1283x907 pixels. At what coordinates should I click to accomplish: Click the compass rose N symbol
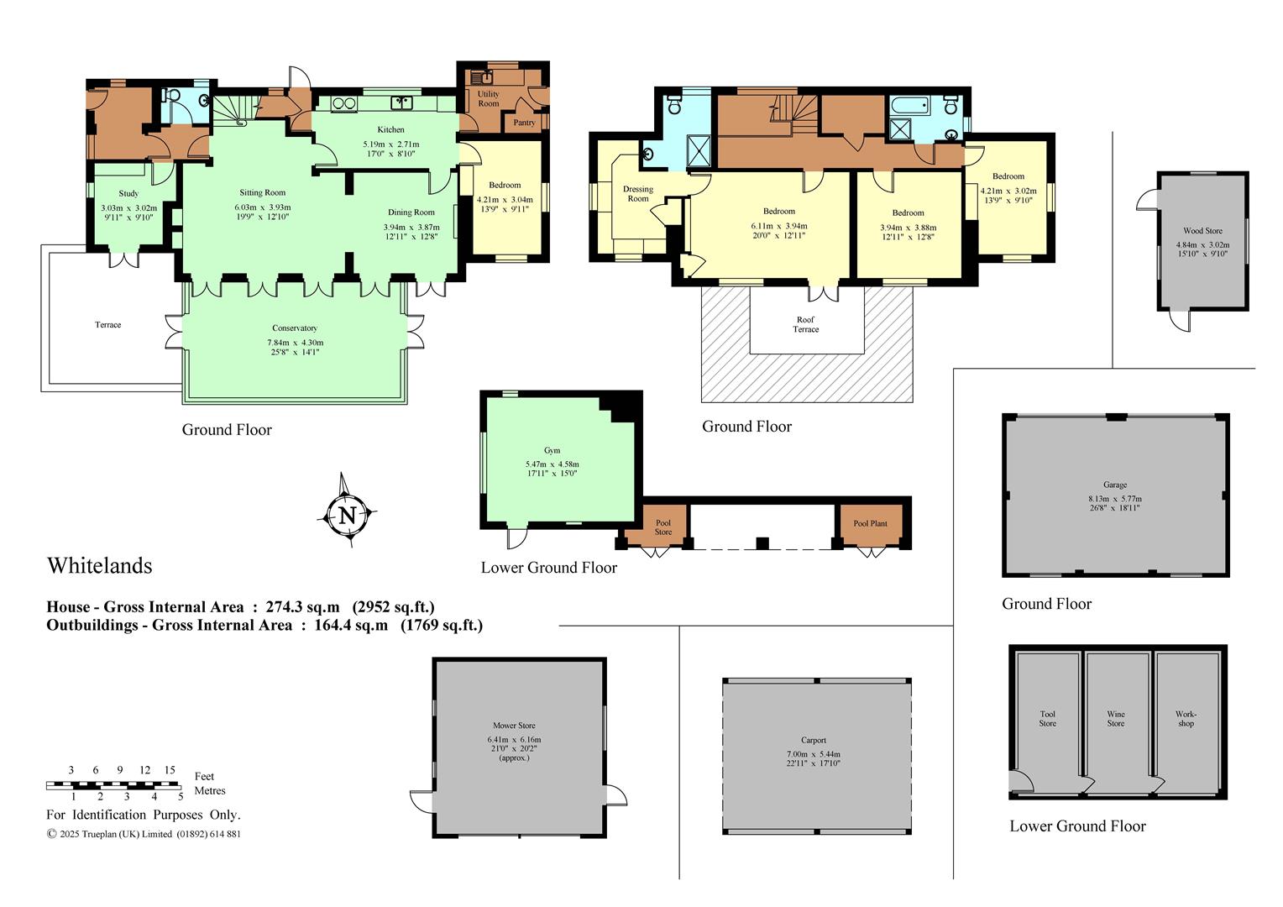347,514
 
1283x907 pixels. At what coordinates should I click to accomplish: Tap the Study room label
128,194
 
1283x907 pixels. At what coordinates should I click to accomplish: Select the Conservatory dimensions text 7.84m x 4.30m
295,343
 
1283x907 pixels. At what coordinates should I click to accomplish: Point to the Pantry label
524,123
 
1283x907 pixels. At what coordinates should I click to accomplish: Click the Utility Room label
489,98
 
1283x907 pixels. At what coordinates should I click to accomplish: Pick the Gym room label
552,450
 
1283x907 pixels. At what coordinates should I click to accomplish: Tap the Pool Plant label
870,523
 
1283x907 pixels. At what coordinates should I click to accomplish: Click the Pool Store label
663,527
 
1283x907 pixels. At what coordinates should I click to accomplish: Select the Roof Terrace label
805,324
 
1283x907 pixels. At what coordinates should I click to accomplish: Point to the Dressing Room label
638,194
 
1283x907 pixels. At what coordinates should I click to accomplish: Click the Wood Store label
1202,231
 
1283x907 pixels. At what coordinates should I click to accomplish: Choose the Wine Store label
1116,719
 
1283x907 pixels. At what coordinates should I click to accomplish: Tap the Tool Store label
1048,719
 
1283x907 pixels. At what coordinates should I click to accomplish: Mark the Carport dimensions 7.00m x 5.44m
814,754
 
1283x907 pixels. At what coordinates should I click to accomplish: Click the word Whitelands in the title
100,565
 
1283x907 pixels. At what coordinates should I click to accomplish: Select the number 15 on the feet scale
170,770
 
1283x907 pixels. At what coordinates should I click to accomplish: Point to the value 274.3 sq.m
302,607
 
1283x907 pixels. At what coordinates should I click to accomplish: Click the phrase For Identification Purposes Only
144,815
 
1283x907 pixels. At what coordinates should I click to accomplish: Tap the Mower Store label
515,726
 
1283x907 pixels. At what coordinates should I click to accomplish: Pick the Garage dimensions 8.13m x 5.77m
1115,499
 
